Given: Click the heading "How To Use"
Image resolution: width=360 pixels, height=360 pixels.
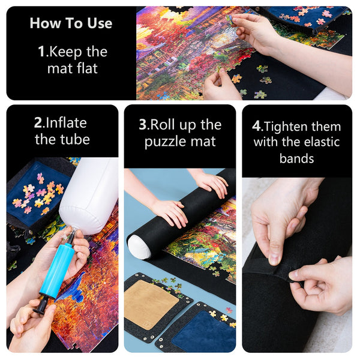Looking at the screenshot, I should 71,23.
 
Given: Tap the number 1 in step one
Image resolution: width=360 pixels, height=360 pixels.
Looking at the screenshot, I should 41,52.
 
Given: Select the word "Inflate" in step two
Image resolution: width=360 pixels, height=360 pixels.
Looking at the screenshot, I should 65,123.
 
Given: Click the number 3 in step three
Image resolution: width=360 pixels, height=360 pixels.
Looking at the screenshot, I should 142,125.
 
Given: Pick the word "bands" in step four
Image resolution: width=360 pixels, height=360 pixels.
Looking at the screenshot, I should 296,158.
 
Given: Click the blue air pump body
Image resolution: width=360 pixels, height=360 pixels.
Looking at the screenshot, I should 56,269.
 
